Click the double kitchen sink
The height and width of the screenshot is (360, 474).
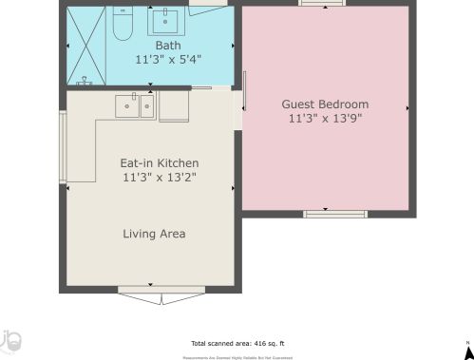pyautogui.click(x=136, y=106)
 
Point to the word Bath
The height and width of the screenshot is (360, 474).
pyautogui.click(x=167, y=45)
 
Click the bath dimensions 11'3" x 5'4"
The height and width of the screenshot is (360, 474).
pyautogui.click(x=167, y=58)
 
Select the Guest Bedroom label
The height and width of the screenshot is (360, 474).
pyautogui.click(x=325, y=104)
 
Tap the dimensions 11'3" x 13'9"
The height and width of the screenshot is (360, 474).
pyautogui.click(x=325, y=119)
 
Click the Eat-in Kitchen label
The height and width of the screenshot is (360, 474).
pyautogui.click(x=159, y=162)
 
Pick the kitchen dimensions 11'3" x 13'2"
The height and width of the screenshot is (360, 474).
pyautogui.click(x=159, y=177)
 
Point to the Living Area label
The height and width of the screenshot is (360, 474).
pyautogui.click(x=154, y=234)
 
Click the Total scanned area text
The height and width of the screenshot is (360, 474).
pyautogui.click(x=237, y=343)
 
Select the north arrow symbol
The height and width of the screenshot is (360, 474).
pyautogui.click(x=467, y=350)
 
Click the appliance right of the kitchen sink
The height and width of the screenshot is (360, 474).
pyautogui.click(x=176, y=106)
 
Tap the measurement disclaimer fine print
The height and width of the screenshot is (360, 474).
pyautogui.click(x=237, y=355)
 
